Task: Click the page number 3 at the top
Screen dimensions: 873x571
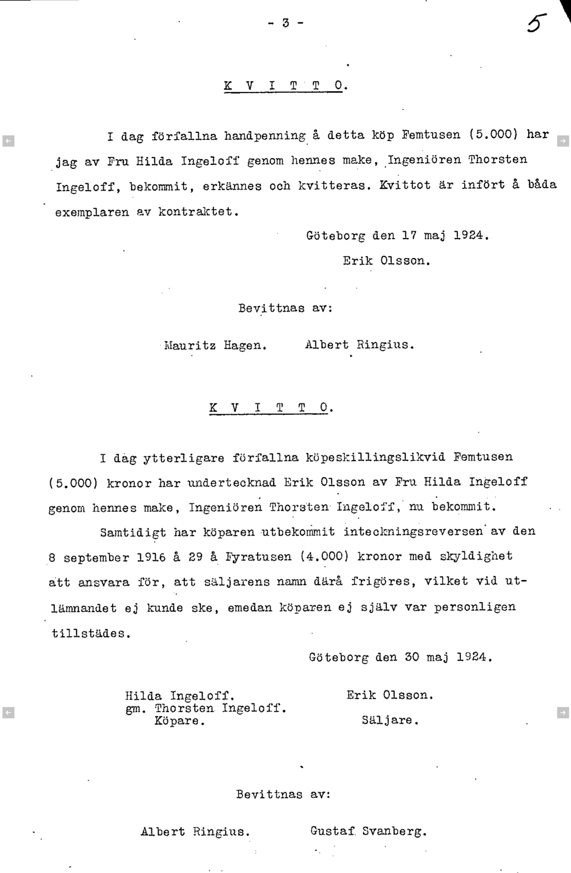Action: click(285, 23)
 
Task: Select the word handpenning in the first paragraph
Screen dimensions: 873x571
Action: click(264, 136)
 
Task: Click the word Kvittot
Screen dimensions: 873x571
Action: click(405, 185)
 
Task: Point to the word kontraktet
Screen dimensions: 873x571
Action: click(196, 212)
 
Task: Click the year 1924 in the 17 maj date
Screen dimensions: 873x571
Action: click(471, 235)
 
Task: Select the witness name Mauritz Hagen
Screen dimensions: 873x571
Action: click(215, 345)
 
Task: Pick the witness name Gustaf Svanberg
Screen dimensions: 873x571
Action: click(368, 831)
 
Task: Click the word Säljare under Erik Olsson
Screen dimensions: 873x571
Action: click(390, 721)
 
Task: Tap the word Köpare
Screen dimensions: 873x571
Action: click(179, 721)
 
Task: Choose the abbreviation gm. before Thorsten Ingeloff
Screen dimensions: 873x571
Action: click(136, 709)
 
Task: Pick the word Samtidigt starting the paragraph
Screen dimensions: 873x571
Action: click(133, 532)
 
